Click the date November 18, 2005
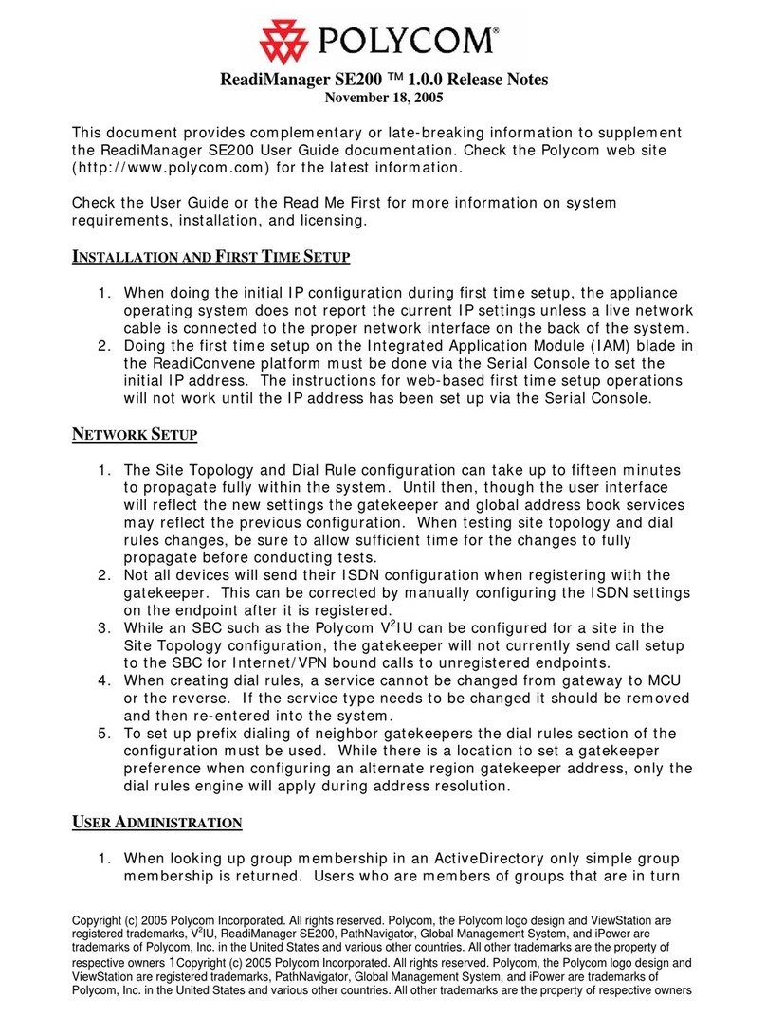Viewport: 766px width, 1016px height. pyautogui.click(x=384, y=97)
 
